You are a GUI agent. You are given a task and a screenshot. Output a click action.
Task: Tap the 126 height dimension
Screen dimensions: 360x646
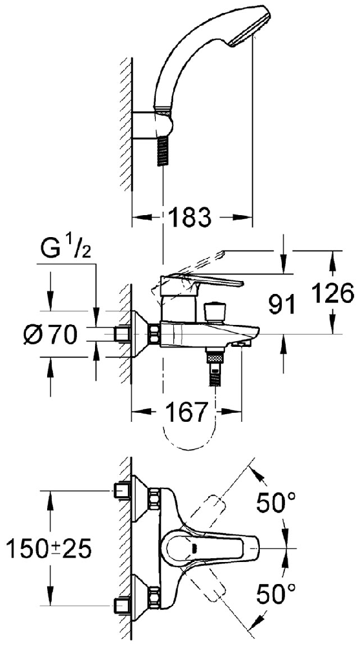[x=332, y=293]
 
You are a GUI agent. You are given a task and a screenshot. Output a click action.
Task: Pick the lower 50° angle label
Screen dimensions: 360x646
[x=276, y=594]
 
